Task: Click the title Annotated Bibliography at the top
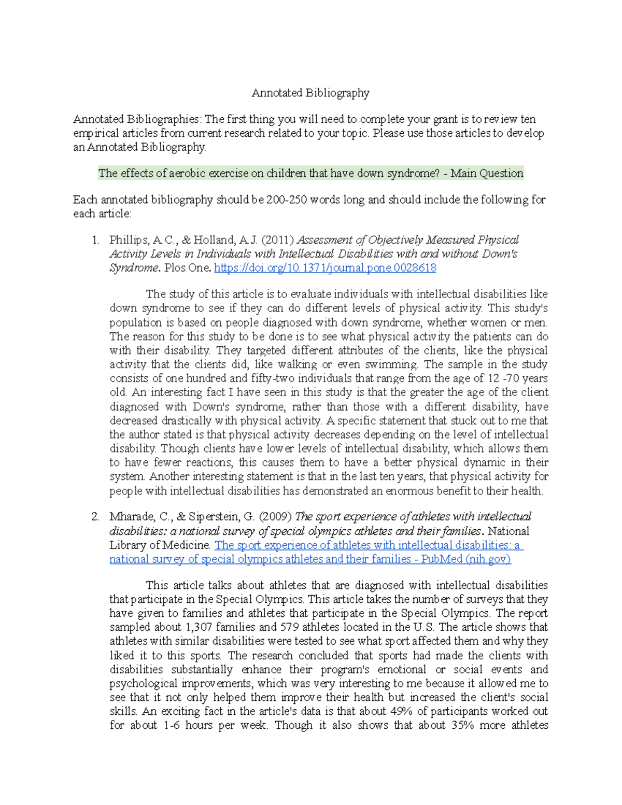[310, 93]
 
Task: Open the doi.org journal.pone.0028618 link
[325, 268]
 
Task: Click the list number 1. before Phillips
[95, 240]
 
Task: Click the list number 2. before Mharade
[95, 517]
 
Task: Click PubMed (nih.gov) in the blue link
[466, 559]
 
